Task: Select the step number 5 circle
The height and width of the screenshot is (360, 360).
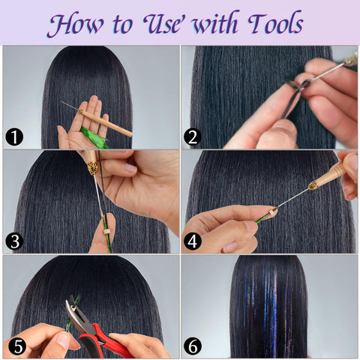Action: click(x=16, y=346)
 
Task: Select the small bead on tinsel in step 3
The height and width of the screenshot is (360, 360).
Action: click(x=103, y=222)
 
